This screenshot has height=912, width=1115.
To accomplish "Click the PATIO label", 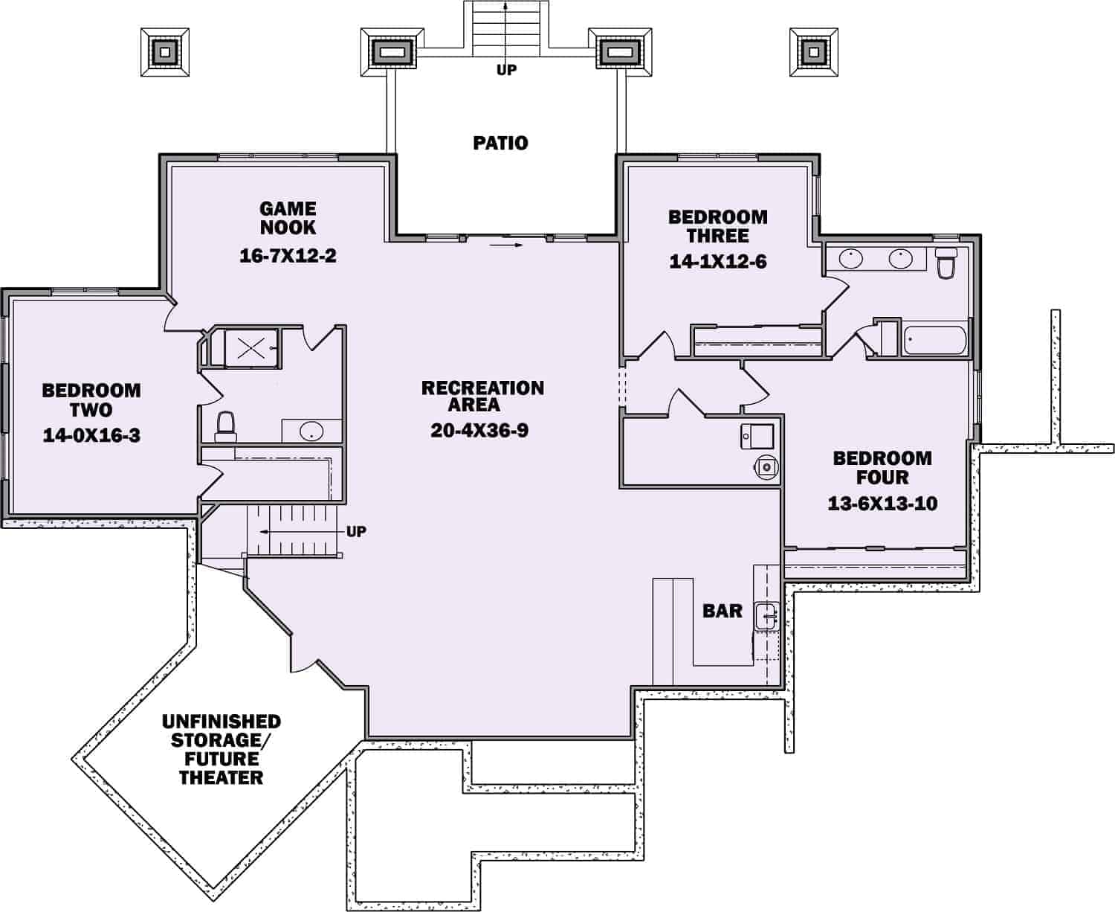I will point(500,143).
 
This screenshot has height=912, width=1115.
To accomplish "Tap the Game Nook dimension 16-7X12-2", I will point(288,256).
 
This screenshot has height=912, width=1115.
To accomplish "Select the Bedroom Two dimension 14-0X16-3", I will point(91,435).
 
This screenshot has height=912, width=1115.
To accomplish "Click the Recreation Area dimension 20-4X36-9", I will point(479,430).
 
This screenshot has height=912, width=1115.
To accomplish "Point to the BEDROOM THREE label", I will point(717,226).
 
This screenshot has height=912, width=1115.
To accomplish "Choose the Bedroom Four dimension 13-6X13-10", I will point(882,504).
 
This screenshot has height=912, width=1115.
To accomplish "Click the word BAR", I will point(722,611).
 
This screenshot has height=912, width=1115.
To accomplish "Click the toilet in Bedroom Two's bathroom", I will point(225,425).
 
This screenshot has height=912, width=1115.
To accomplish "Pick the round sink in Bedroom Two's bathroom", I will point(311,431).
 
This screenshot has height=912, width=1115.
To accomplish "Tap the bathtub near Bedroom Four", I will point(934,340).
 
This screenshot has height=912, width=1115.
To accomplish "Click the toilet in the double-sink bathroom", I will point(946,264).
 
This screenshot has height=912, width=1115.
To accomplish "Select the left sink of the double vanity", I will point(850,258).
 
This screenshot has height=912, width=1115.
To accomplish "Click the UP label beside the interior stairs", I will point(356,532).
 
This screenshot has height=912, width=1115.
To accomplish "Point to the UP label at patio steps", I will point(506,70).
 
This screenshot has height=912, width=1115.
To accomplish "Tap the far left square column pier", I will point(164,51).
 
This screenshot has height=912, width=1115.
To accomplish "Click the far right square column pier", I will point(813,51).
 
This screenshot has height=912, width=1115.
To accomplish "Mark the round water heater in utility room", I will point(766,466).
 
